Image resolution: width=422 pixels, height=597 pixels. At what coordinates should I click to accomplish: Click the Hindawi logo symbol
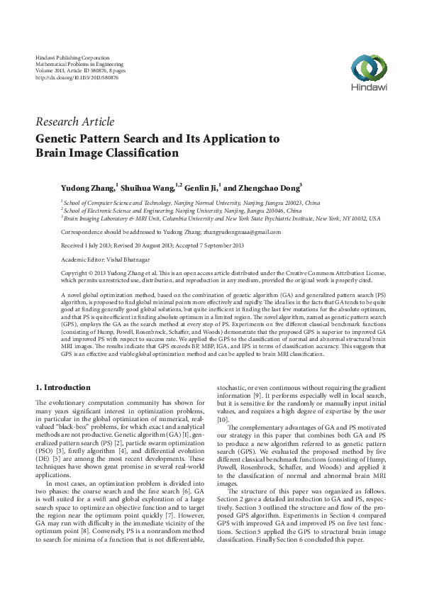click(x=367, y=67)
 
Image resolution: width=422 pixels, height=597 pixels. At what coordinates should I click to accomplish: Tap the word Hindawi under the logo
click(x=367, y=88)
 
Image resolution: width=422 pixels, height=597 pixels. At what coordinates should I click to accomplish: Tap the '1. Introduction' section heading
click(x=63, y=387)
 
